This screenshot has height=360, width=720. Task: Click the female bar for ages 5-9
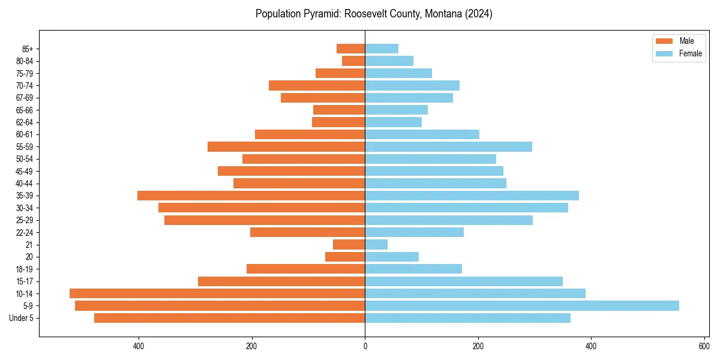click(x=522, y=306)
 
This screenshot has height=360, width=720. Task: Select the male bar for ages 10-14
click(x=217, y=293)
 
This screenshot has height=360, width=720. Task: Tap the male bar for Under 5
click(x=229, y=318)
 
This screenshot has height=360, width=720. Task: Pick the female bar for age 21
click(x=376, y=245)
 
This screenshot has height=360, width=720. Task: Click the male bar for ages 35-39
click(x=251, y=196)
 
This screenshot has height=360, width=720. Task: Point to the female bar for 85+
click(x=382, y=49)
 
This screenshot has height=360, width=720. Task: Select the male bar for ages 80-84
click(x=353, y=61)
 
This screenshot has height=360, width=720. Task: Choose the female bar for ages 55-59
click(x=448, y=147)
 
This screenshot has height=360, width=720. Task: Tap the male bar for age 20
click(x=345, y=257)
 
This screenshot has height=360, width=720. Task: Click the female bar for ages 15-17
click(x=464, y=281)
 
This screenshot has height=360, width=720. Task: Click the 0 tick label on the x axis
click(x=365, y=346)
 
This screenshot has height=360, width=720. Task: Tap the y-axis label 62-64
click(x=24, y=122)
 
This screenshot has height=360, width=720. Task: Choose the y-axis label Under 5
click(x=22, y=318)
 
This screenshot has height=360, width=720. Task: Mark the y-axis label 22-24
click(x=24, y=233)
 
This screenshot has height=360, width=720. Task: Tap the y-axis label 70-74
click(x=24, y=86)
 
